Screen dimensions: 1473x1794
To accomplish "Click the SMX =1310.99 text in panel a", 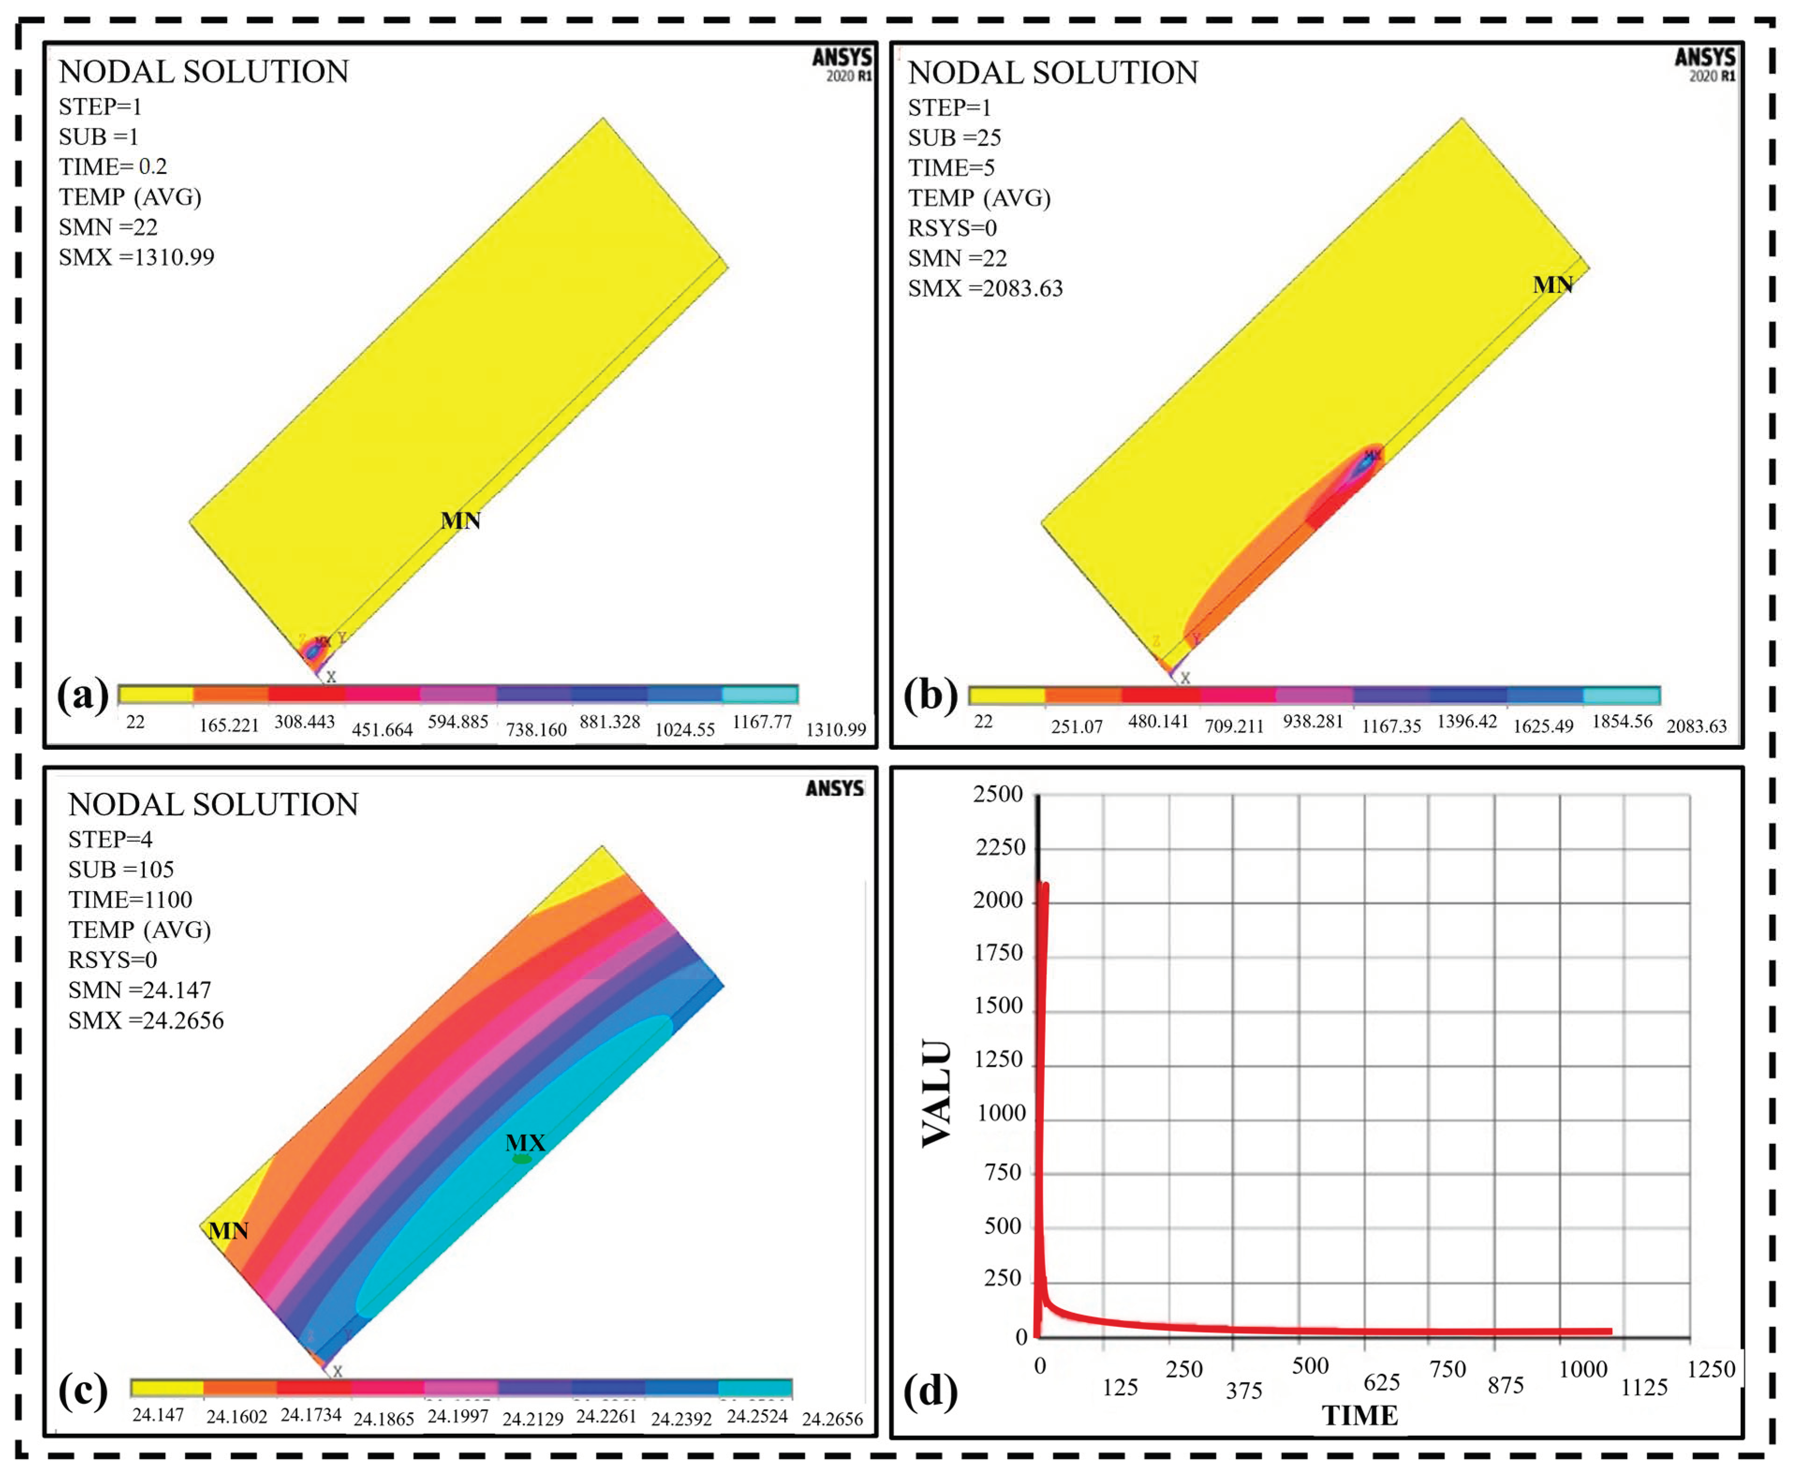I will [x=137, y=257].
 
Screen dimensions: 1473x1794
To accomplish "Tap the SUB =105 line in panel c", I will [x=121, y=870].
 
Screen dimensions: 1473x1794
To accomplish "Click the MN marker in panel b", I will [x=1552, y=285].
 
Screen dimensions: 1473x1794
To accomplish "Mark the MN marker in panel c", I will [x=228, y=1231].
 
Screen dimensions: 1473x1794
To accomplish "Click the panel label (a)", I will [x=82, y=695].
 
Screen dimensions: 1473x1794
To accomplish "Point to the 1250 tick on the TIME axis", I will [x=1711, y=1370].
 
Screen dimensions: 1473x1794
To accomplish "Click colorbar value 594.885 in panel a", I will [x=457, y=722].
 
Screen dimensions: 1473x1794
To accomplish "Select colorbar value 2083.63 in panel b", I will [x=1696, y=726].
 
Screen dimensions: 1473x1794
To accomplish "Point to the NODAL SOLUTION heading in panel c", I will [x=213, y=805].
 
